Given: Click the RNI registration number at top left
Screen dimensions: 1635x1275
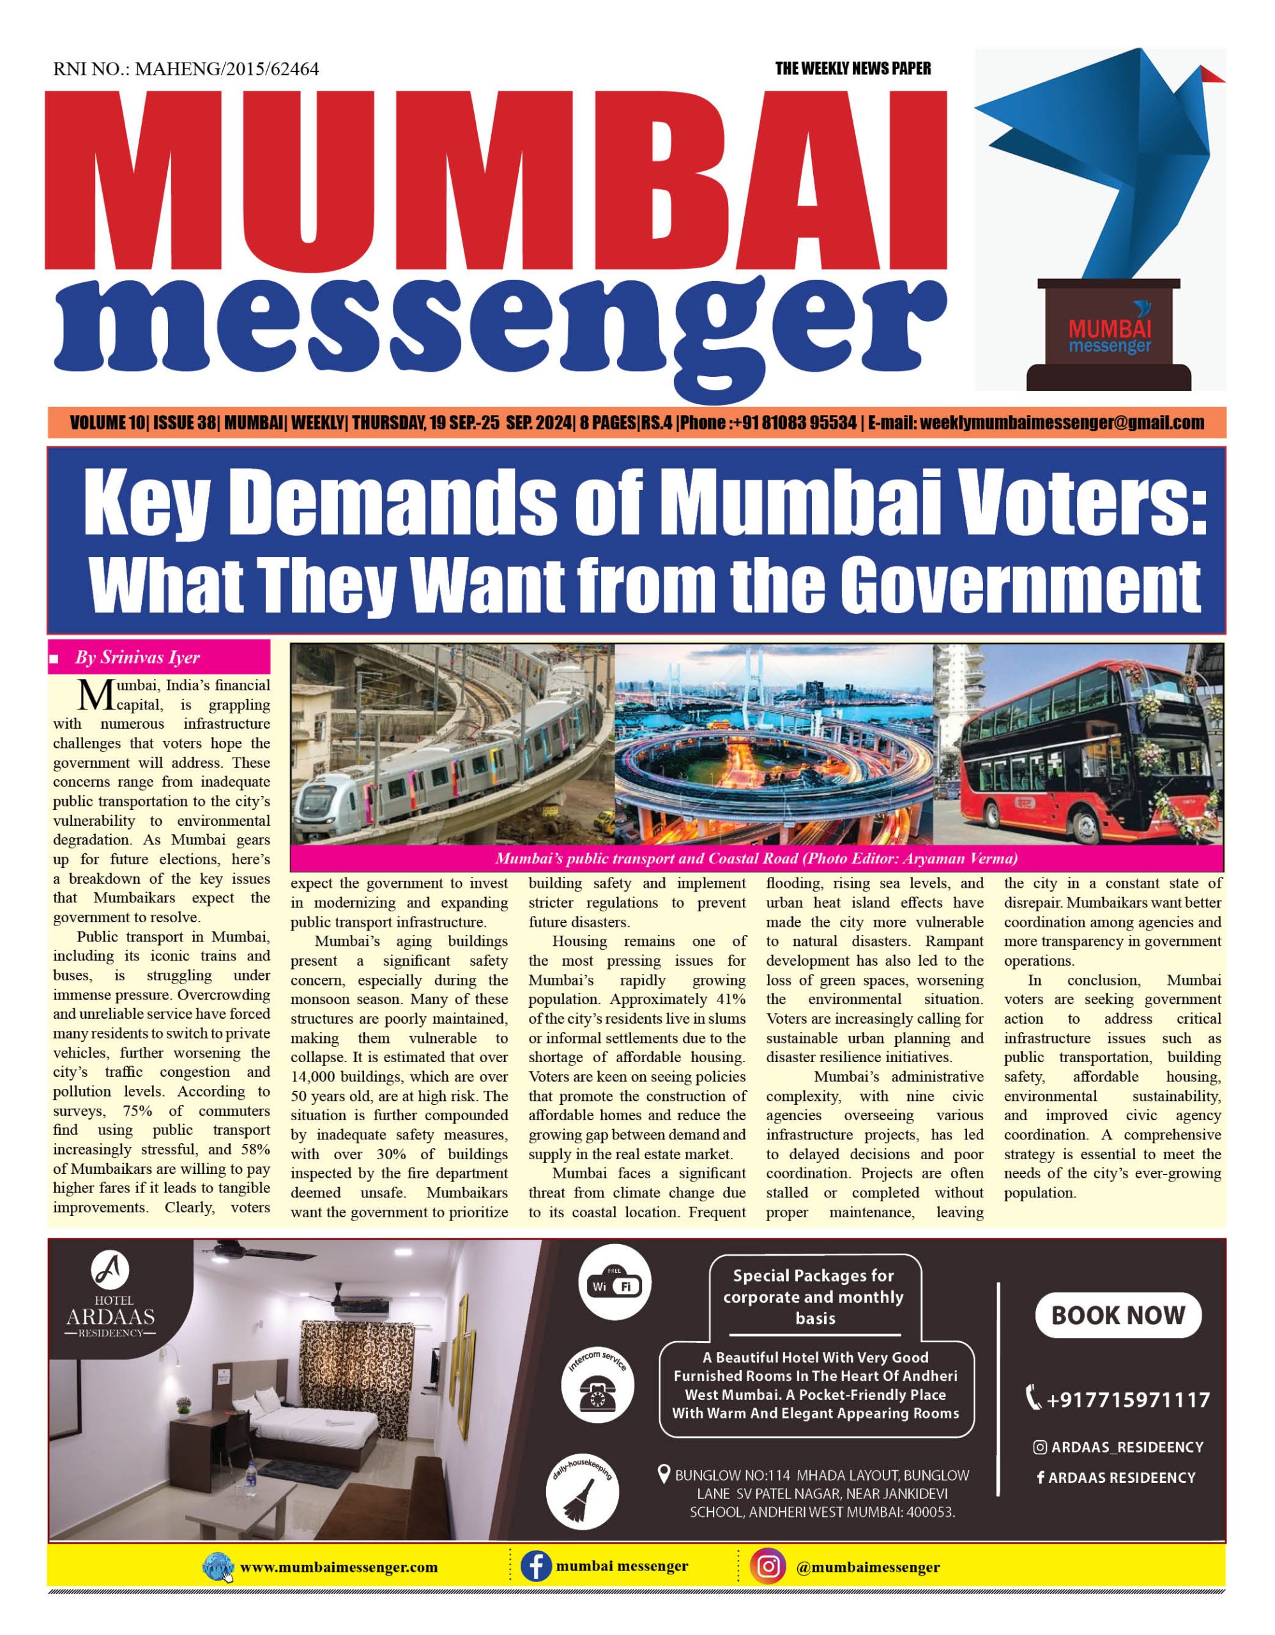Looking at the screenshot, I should point(186,70).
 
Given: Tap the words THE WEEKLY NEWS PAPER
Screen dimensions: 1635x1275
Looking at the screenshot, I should point(853,69).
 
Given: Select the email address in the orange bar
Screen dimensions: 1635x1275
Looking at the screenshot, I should point(1062,423).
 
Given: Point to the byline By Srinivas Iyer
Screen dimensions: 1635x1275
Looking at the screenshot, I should point(137,658).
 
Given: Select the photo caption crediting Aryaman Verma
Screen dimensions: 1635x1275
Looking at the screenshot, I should point(756,858).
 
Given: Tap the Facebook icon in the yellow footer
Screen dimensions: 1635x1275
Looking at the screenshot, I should point(536,1567).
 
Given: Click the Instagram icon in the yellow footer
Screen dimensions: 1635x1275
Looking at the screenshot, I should point(768,1567).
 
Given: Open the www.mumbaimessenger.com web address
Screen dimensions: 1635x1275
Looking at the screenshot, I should point(339,1568).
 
